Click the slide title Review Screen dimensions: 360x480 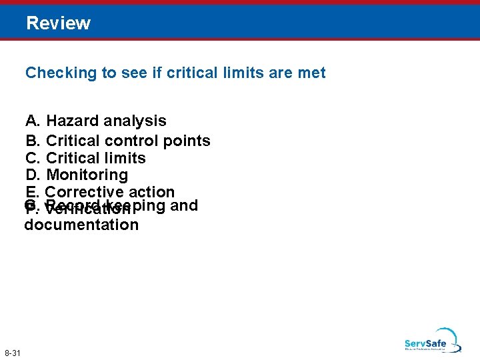[58, 23]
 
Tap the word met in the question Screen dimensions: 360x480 [311, 73]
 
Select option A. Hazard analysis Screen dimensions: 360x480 [95, 121]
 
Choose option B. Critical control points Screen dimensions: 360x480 [117, 141]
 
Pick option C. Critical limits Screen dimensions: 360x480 [85, 159]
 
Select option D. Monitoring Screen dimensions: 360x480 [76, 175]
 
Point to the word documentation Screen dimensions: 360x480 [81, 225]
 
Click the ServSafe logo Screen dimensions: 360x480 [431, 340]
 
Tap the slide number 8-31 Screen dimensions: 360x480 [13, 352]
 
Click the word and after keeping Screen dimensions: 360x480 [185, 205]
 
